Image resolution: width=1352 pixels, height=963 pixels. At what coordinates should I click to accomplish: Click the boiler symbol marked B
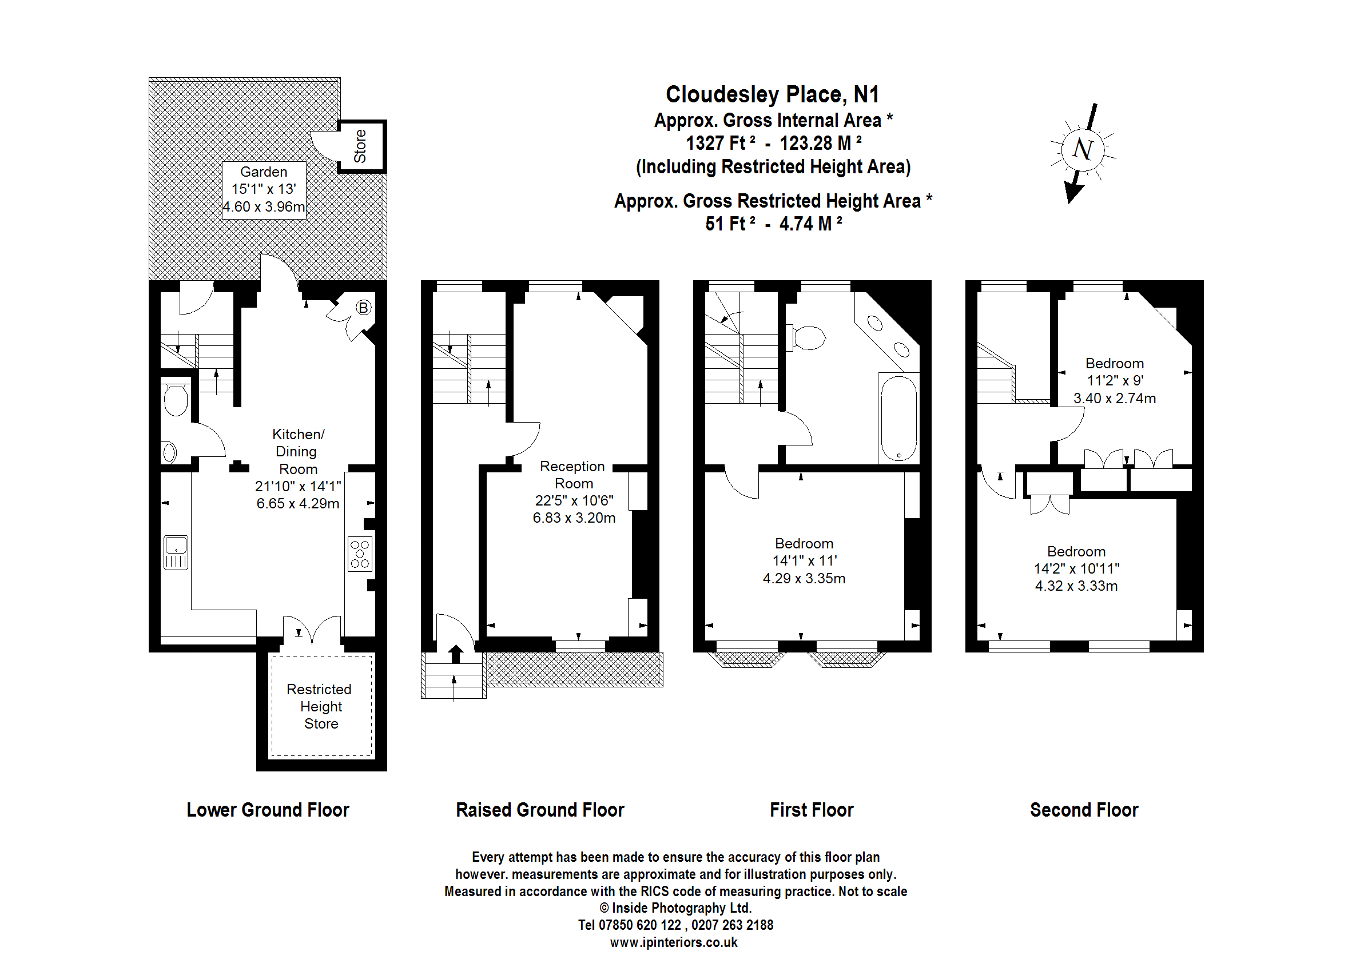(x=363, y=308)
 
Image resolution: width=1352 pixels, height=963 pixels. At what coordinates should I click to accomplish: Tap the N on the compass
(x=1083, y=149)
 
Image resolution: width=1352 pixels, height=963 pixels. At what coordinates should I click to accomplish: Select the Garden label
(x=264, y=172)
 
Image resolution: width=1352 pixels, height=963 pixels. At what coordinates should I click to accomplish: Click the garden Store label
(x=360, y=146)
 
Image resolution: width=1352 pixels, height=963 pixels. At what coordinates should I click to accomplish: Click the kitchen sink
(x=176, y=552)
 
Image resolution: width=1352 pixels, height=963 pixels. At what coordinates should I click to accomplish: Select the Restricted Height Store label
(x=320, y=706)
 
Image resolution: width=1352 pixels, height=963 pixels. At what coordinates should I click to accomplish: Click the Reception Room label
(x=573, y=475)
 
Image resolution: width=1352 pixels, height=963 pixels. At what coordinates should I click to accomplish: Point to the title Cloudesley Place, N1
(x=772, y=94)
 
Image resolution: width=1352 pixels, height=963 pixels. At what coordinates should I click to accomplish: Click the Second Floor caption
(x=1084, y=810)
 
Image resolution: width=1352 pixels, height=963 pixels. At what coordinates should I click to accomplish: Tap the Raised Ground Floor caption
(x=540, y=810)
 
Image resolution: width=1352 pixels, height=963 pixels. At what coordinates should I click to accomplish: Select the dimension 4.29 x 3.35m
(x=804, y=578)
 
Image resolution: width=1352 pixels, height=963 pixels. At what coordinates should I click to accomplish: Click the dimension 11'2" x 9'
(x=1115, y=381)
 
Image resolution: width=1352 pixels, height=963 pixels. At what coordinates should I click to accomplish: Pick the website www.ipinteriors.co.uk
(x=674, y=942)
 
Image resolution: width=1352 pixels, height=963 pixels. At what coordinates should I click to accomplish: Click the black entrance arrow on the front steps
(x=455, y=654)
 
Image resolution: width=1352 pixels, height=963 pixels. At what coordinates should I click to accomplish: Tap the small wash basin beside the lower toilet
(x=170, y=453)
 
